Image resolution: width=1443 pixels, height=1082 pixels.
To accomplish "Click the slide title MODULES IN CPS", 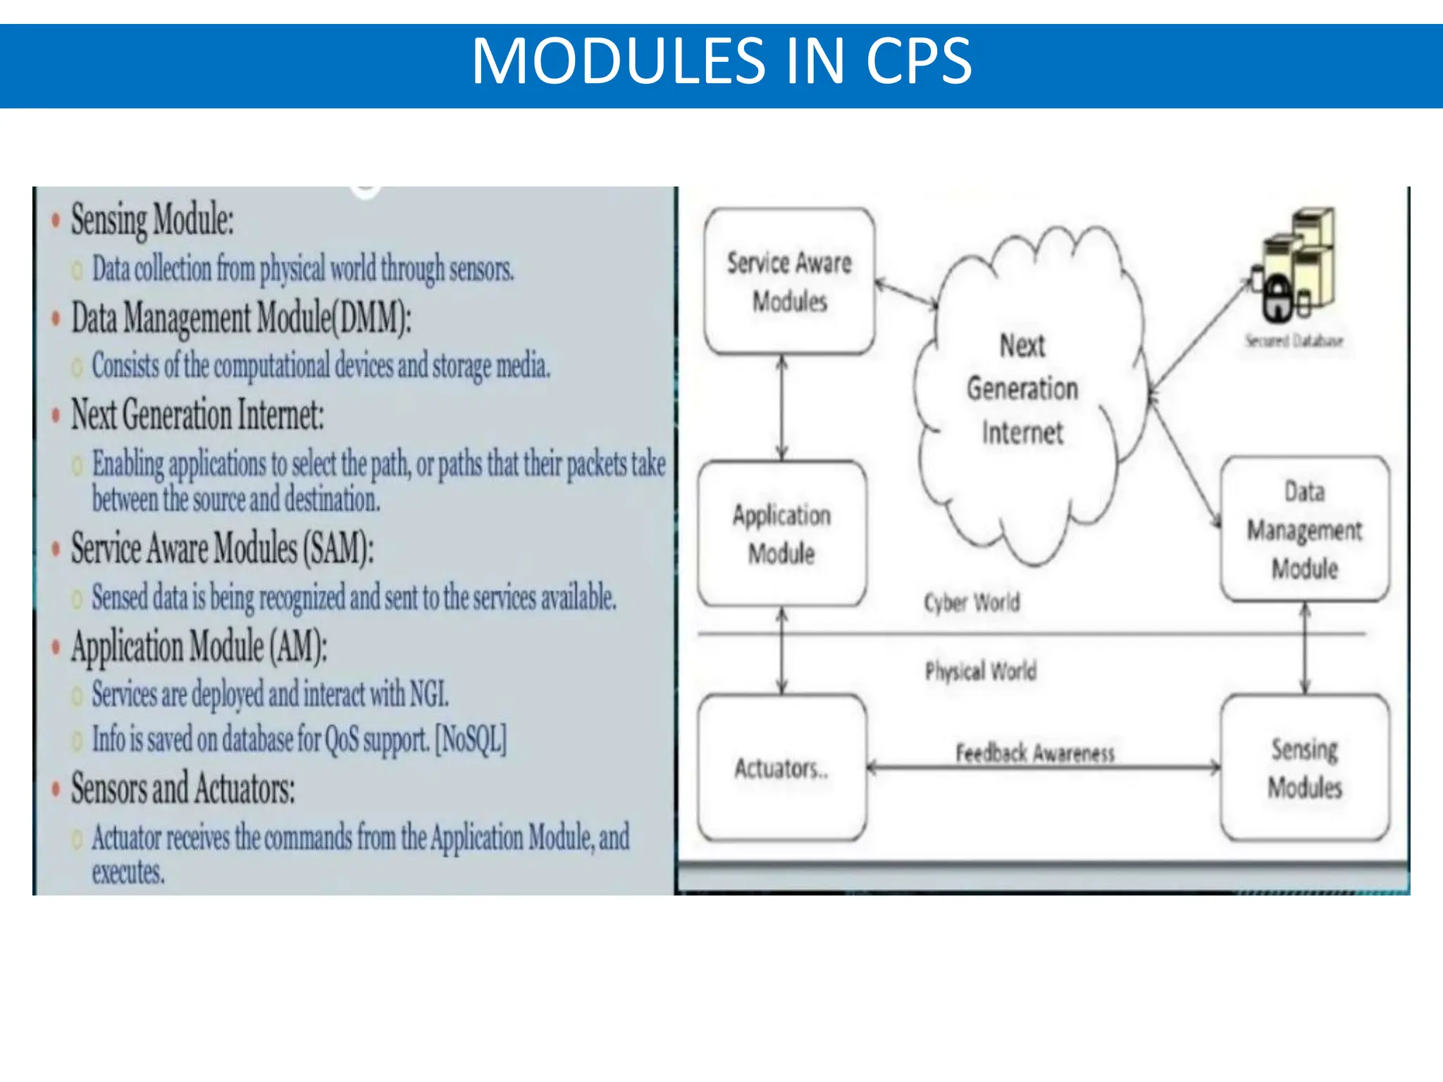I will tap(721, 62).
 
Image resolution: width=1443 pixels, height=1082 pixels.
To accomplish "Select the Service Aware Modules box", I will tap(789, 282).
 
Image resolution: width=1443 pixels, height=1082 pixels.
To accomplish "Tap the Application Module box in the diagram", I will tap(781, 534).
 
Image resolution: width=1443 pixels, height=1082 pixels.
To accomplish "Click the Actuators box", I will tap(781, 768).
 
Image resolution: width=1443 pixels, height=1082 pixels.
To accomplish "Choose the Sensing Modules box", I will tap(1305, 768).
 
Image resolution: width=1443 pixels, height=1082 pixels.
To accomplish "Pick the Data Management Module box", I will tap(1305, 530).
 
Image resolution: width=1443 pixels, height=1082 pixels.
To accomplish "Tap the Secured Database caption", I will tap(1294, 342).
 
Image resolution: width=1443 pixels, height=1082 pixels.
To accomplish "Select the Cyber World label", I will tap(972, 603).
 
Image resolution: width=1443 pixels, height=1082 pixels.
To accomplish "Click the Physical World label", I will tap(981, 671).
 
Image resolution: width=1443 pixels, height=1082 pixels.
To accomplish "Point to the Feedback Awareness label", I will tap(1035, 752).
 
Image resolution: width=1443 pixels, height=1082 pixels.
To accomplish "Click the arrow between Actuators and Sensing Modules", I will tap(1043, 768).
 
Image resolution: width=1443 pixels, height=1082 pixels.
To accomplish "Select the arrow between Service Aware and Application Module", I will tap(782, 407).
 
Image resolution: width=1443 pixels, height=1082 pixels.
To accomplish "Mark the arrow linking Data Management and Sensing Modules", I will tap(1305, 648).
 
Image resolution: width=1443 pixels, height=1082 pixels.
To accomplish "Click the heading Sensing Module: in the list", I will tap(152, 220).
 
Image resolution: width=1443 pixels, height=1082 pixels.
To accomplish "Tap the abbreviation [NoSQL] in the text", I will tap(471, 739).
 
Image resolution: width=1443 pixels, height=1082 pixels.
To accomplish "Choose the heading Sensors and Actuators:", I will tap(182, 788).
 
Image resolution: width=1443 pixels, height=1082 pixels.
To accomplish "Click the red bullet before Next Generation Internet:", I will tap(56, 416).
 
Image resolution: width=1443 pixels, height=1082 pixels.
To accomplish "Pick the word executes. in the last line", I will tap(128, 873).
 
